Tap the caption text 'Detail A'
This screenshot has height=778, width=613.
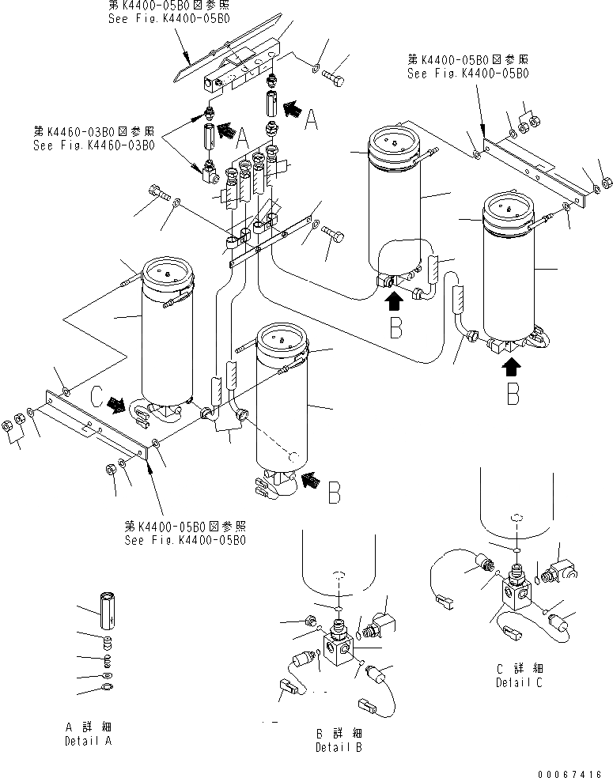click(x=88, y=742)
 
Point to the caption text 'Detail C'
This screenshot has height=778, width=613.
click(x=519, y=682)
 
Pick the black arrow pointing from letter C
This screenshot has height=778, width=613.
click(x=117, y=404)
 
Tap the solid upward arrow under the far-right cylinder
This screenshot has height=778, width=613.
click(x=513, y=365)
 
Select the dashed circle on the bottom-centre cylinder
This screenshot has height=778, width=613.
click(x=292, y=457)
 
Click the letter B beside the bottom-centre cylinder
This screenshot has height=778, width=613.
click(x=334, y=493)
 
